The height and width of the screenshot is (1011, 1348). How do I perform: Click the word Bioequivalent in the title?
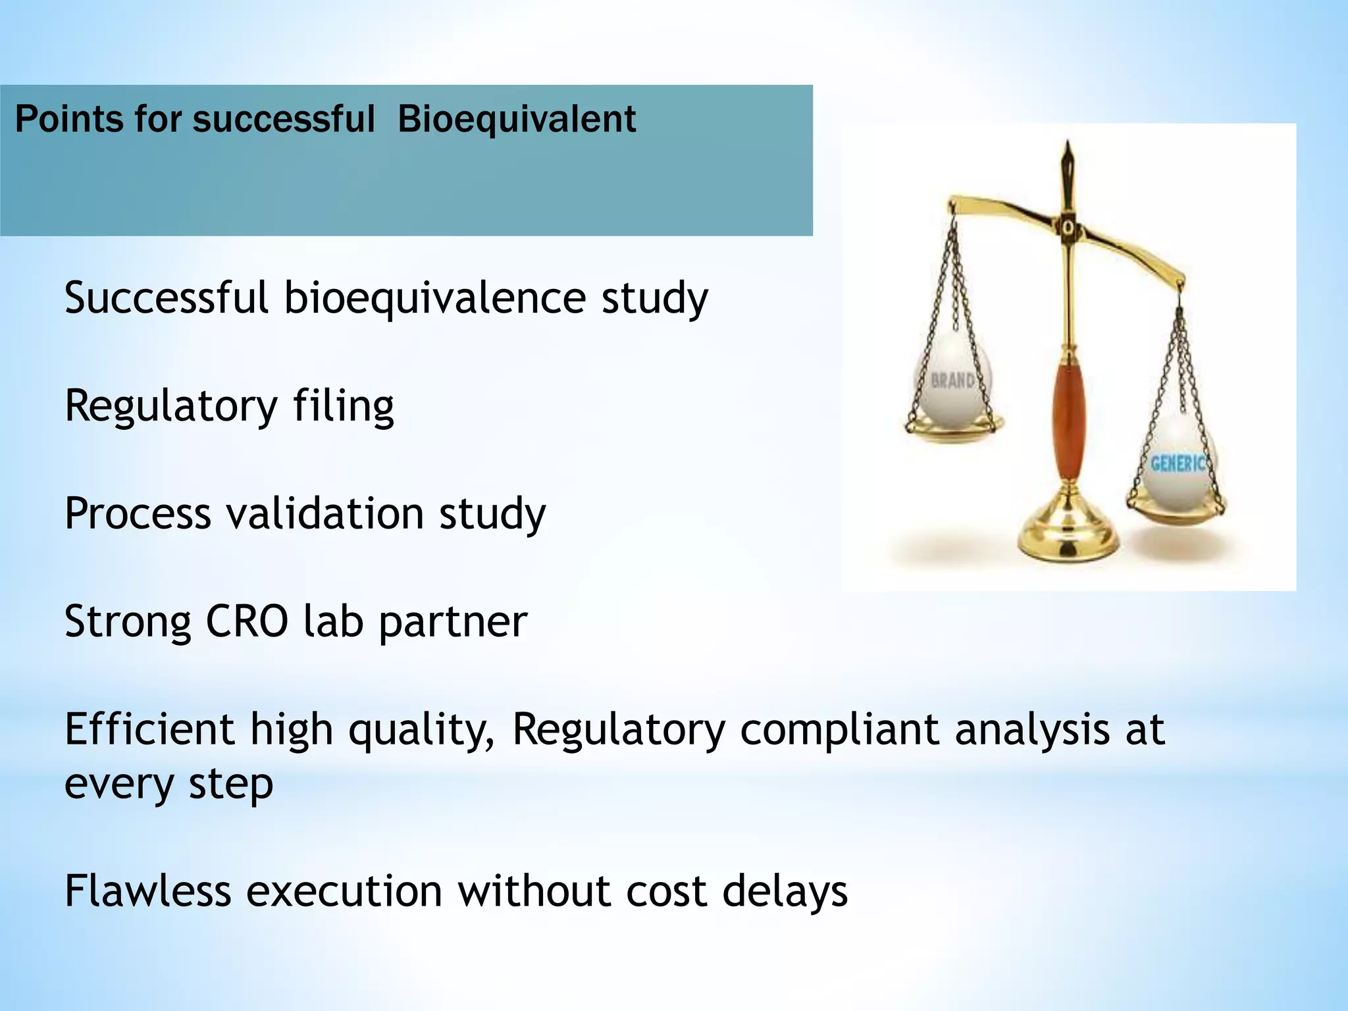pyautogui.click(x=517, y=120)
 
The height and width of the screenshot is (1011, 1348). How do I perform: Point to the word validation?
pyautogui.click(x=324, y=513)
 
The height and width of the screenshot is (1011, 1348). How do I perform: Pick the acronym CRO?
pyautogui.click(x=246, y=621)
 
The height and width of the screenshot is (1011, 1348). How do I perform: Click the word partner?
pyautogui.click(x=453, y=623)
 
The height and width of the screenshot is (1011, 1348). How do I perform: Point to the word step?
pyautogui.click(x=230, y=785)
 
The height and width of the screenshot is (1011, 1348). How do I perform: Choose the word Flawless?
pyautogui.click(x=147, y=891)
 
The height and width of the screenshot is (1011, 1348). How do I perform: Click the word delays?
pyautogui.click(x=785, y=891)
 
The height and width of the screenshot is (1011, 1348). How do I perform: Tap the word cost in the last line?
pyautogui.click(x=666, y=893)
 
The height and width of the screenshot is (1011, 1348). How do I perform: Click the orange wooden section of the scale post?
pyautogui.click(x=1068, y=421)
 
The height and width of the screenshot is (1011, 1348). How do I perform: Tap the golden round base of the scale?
pyautogui.click(x=1068, y=536)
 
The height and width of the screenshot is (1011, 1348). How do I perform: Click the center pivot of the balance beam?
pyautogui.click(x=1068, y=227)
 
